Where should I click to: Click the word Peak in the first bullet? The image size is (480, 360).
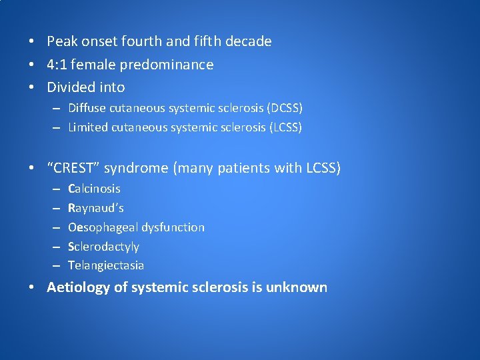click(62, 41)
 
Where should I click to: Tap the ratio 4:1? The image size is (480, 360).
click(57, 65)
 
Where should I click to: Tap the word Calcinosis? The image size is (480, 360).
click(94, 189)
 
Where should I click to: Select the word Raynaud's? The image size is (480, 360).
click(95, 208)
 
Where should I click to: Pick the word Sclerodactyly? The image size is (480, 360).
click(103, 247)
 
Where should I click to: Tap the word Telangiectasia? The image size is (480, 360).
click(105, 265)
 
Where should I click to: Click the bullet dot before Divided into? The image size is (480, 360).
click(31, 87)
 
